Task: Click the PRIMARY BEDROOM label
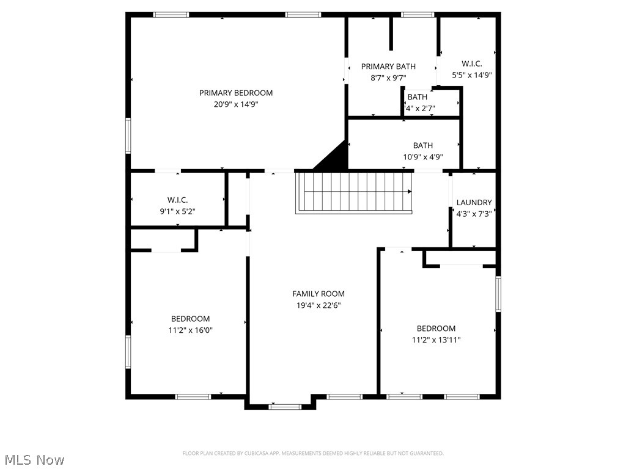(x=236, y=93)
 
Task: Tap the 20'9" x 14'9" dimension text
(x=236, y=104)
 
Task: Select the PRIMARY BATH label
(x=388, y=67)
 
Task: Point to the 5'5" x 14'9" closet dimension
(x=472, y=75)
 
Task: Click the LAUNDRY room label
(x=474, y=203)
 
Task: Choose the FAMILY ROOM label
(x=318, y=294)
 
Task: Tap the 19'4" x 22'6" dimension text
(x=318, y=305)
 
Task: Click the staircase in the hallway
(x=355, y=192)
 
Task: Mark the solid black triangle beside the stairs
(x=335, y=158)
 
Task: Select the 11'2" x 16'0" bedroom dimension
(x=190, y=330)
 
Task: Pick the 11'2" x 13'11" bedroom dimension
(x=436, y=340)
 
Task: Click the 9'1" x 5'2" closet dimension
(x=177, y=212)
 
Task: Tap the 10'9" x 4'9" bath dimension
(x=423, y=157)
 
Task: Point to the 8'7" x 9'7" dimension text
(x=388, y=78)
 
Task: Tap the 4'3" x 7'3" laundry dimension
(x=474, y=214)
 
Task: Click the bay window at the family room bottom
(x=285, y=405)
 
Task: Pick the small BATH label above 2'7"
(x=418, y=97)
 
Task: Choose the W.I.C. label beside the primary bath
(x=472, y=64)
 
